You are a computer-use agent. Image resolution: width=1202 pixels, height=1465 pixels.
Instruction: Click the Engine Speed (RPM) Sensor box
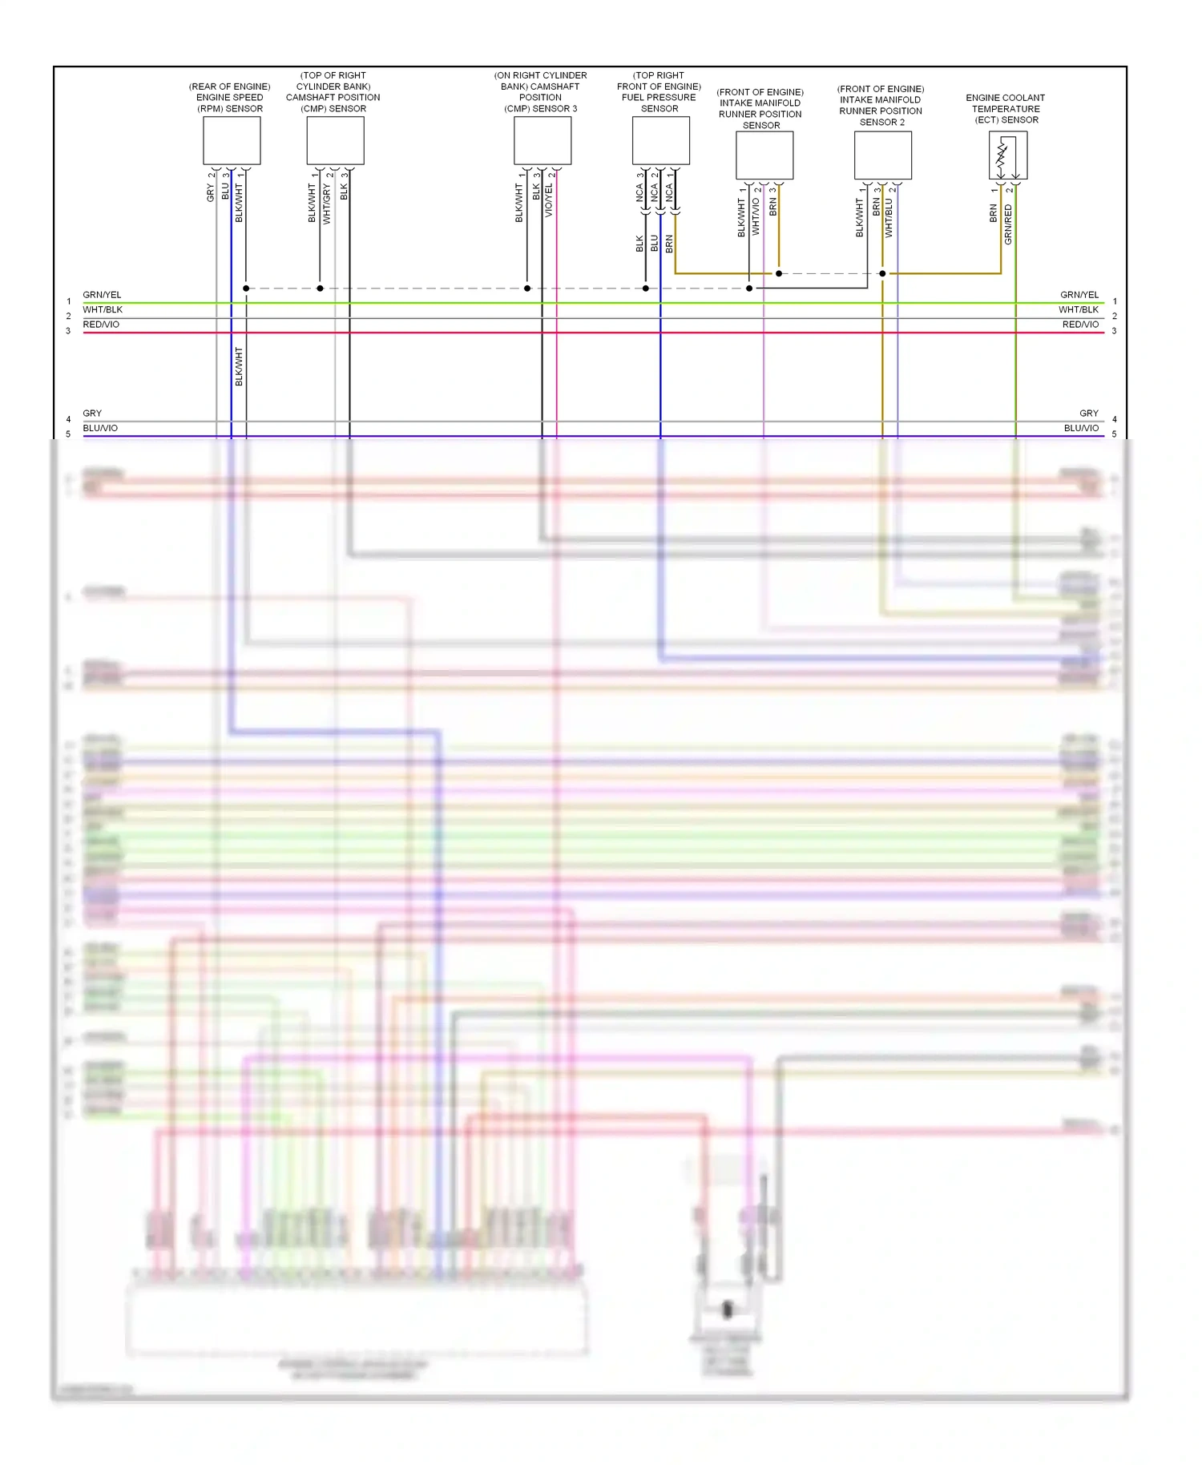coord(232,140)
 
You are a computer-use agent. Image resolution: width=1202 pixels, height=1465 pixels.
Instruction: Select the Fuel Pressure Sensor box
coord(660,140)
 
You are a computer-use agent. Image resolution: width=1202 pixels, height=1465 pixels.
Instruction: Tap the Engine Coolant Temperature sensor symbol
coord(1007,155)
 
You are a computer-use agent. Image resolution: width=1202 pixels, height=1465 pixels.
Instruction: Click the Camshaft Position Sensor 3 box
coord(543,140)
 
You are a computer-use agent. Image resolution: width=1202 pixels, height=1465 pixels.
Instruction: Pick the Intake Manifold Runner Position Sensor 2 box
coord(882,155)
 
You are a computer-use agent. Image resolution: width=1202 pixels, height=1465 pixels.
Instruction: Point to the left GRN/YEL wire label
coord(102,295)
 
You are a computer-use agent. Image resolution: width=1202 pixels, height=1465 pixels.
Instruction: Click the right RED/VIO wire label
coord(1080,325)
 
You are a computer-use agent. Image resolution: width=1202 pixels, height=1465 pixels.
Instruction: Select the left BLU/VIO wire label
coord(100,428)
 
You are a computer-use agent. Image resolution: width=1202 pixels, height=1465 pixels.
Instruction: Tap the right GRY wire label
coord(1088,414)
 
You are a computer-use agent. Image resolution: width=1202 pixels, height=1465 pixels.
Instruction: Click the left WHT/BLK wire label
coord(103,309)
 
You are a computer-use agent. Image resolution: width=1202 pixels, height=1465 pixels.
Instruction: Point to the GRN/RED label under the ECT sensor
coord(1008,224)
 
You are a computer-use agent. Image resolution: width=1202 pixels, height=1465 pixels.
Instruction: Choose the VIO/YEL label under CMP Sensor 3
coord(549,200)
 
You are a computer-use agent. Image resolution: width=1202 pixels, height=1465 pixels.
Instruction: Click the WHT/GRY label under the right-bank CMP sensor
coord(327,204)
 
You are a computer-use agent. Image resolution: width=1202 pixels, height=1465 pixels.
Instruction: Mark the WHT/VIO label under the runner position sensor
coord(756,217)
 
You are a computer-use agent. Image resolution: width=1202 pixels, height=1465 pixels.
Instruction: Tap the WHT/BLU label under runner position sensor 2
coord(889,218)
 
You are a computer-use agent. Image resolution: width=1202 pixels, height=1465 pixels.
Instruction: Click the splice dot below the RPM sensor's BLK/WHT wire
coord(246,289)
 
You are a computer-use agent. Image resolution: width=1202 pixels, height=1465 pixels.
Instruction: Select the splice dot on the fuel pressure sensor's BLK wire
coord(646,289)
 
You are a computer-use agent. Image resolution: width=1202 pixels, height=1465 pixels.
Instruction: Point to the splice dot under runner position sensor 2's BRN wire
coord(882,274)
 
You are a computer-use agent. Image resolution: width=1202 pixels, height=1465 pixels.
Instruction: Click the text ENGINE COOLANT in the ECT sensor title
coord(1005,98)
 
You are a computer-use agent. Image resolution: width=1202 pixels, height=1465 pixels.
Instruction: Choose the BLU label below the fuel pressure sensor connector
coord(655,244)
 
